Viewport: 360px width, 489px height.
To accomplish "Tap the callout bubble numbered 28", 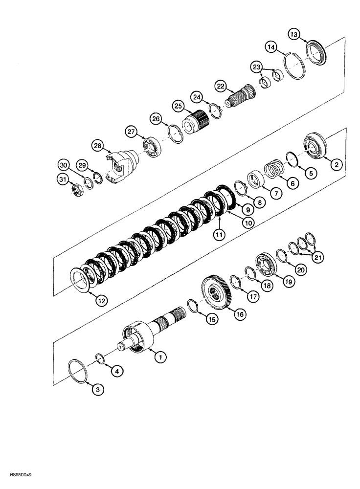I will point(98,146).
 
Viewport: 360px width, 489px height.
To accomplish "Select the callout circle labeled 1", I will point(158,357).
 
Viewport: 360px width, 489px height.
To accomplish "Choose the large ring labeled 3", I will point(78,372).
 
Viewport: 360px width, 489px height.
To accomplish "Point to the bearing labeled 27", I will point(154,149).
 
